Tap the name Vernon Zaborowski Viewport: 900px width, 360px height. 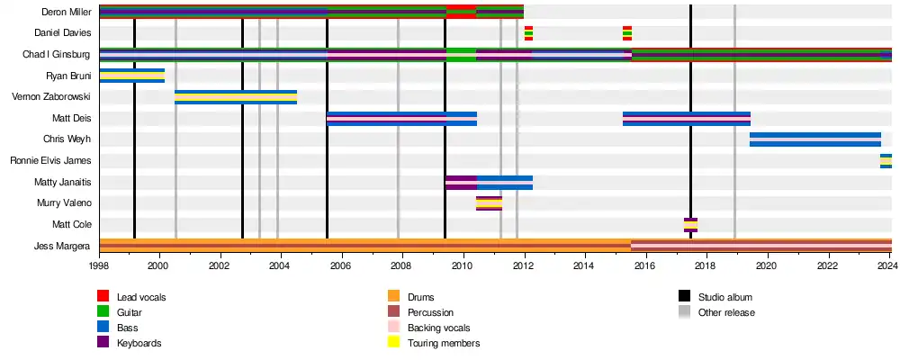51,96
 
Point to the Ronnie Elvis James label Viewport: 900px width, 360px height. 50,161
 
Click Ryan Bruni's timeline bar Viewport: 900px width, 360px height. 131,76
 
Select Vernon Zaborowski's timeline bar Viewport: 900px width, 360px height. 236,97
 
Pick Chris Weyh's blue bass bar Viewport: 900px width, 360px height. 814,139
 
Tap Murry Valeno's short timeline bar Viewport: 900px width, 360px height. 489,203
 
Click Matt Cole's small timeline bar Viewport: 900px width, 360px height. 690,225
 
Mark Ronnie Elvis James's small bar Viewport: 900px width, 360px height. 886,161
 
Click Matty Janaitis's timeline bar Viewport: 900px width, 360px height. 489,183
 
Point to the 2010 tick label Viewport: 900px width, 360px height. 463,266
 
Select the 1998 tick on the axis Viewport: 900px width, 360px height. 99,266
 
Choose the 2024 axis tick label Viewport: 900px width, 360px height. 889,266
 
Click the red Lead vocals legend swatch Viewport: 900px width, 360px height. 103,297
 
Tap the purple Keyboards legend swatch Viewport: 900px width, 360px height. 103,343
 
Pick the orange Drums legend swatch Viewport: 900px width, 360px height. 393,297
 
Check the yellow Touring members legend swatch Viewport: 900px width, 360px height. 393,343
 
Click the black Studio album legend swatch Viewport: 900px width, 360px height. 684,297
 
